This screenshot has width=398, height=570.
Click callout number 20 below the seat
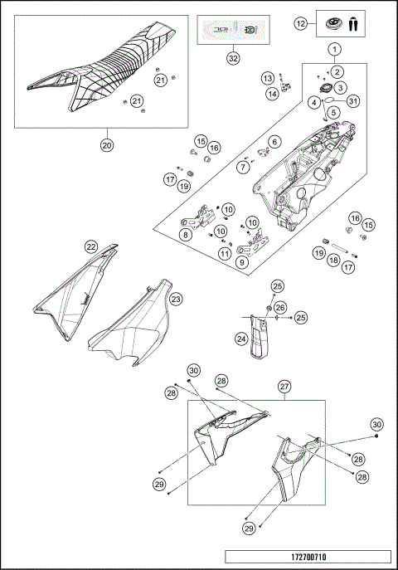coord(106,144)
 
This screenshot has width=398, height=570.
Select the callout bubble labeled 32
coord(233,58)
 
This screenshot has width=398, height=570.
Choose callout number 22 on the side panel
coord(91,246)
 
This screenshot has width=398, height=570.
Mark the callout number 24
coord(240,338)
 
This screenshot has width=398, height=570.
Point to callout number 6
coord(274,142)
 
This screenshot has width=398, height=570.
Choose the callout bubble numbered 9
coord(241,263)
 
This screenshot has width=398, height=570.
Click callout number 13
coord(268,77)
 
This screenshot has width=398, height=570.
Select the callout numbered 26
coord(280,307)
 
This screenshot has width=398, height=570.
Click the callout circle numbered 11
coord(225,253)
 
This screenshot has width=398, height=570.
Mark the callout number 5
coord(332,112)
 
